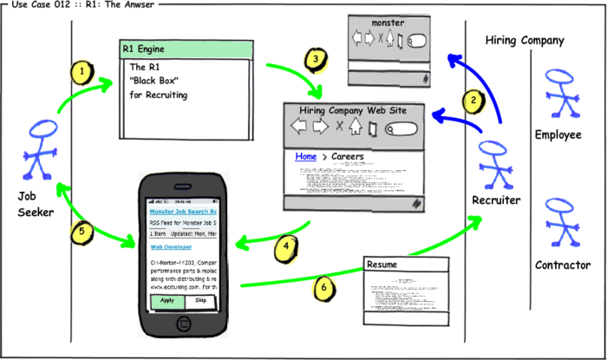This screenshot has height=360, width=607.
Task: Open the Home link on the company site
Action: coord(305,156)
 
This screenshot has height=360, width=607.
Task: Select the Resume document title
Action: coord(383,263)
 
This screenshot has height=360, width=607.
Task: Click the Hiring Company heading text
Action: coord(525,40)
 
